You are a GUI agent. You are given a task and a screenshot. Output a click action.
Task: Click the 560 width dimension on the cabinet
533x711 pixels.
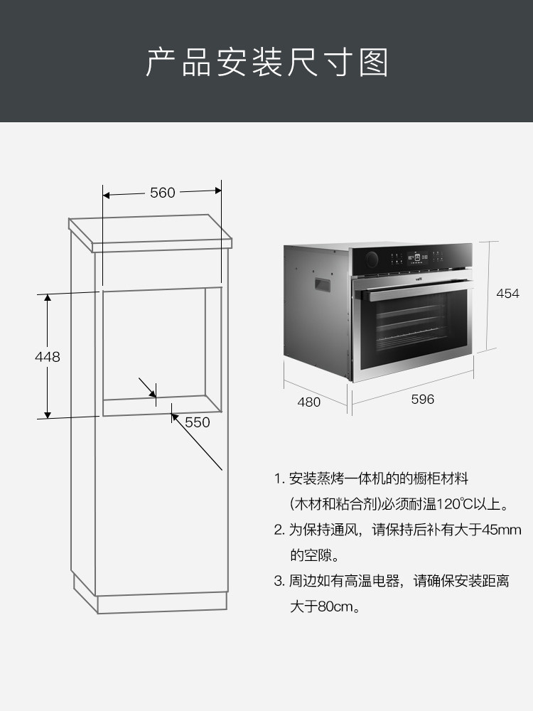[x=162, y=193]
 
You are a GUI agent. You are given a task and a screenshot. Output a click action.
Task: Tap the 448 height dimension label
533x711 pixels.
[x=48, y=357]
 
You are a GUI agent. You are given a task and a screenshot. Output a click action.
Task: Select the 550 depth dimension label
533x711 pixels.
[x=198, y=422]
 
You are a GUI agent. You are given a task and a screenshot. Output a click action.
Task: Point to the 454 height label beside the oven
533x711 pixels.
[x=507, y=294]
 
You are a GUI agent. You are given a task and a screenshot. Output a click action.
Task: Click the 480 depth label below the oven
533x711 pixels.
[x=308, y=402]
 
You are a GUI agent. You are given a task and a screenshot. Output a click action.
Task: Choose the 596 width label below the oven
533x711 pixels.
[x=422, y=400]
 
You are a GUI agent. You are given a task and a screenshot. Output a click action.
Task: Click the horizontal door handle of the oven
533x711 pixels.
[x=412, y=287]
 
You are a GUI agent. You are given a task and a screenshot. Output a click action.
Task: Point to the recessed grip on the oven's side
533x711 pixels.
[x=323, y=284]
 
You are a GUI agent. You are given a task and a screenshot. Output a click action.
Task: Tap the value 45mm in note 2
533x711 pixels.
[x=502, y=530]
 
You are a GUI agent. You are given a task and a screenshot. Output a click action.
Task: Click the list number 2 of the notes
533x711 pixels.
[x=279, y=530]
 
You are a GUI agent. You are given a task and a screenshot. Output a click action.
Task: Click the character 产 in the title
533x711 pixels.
[x=161, y=63]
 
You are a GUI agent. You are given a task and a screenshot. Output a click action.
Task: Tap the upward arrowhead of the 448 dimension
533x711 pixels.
[x=48, y=299]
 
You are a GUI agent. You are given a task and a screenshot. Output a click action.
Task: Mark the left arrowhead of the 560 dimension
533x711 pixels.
[x=107, y=193]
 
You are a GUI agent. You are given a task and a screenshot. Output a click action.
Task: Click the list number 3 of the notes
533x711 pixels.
[x=279, y=582]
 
